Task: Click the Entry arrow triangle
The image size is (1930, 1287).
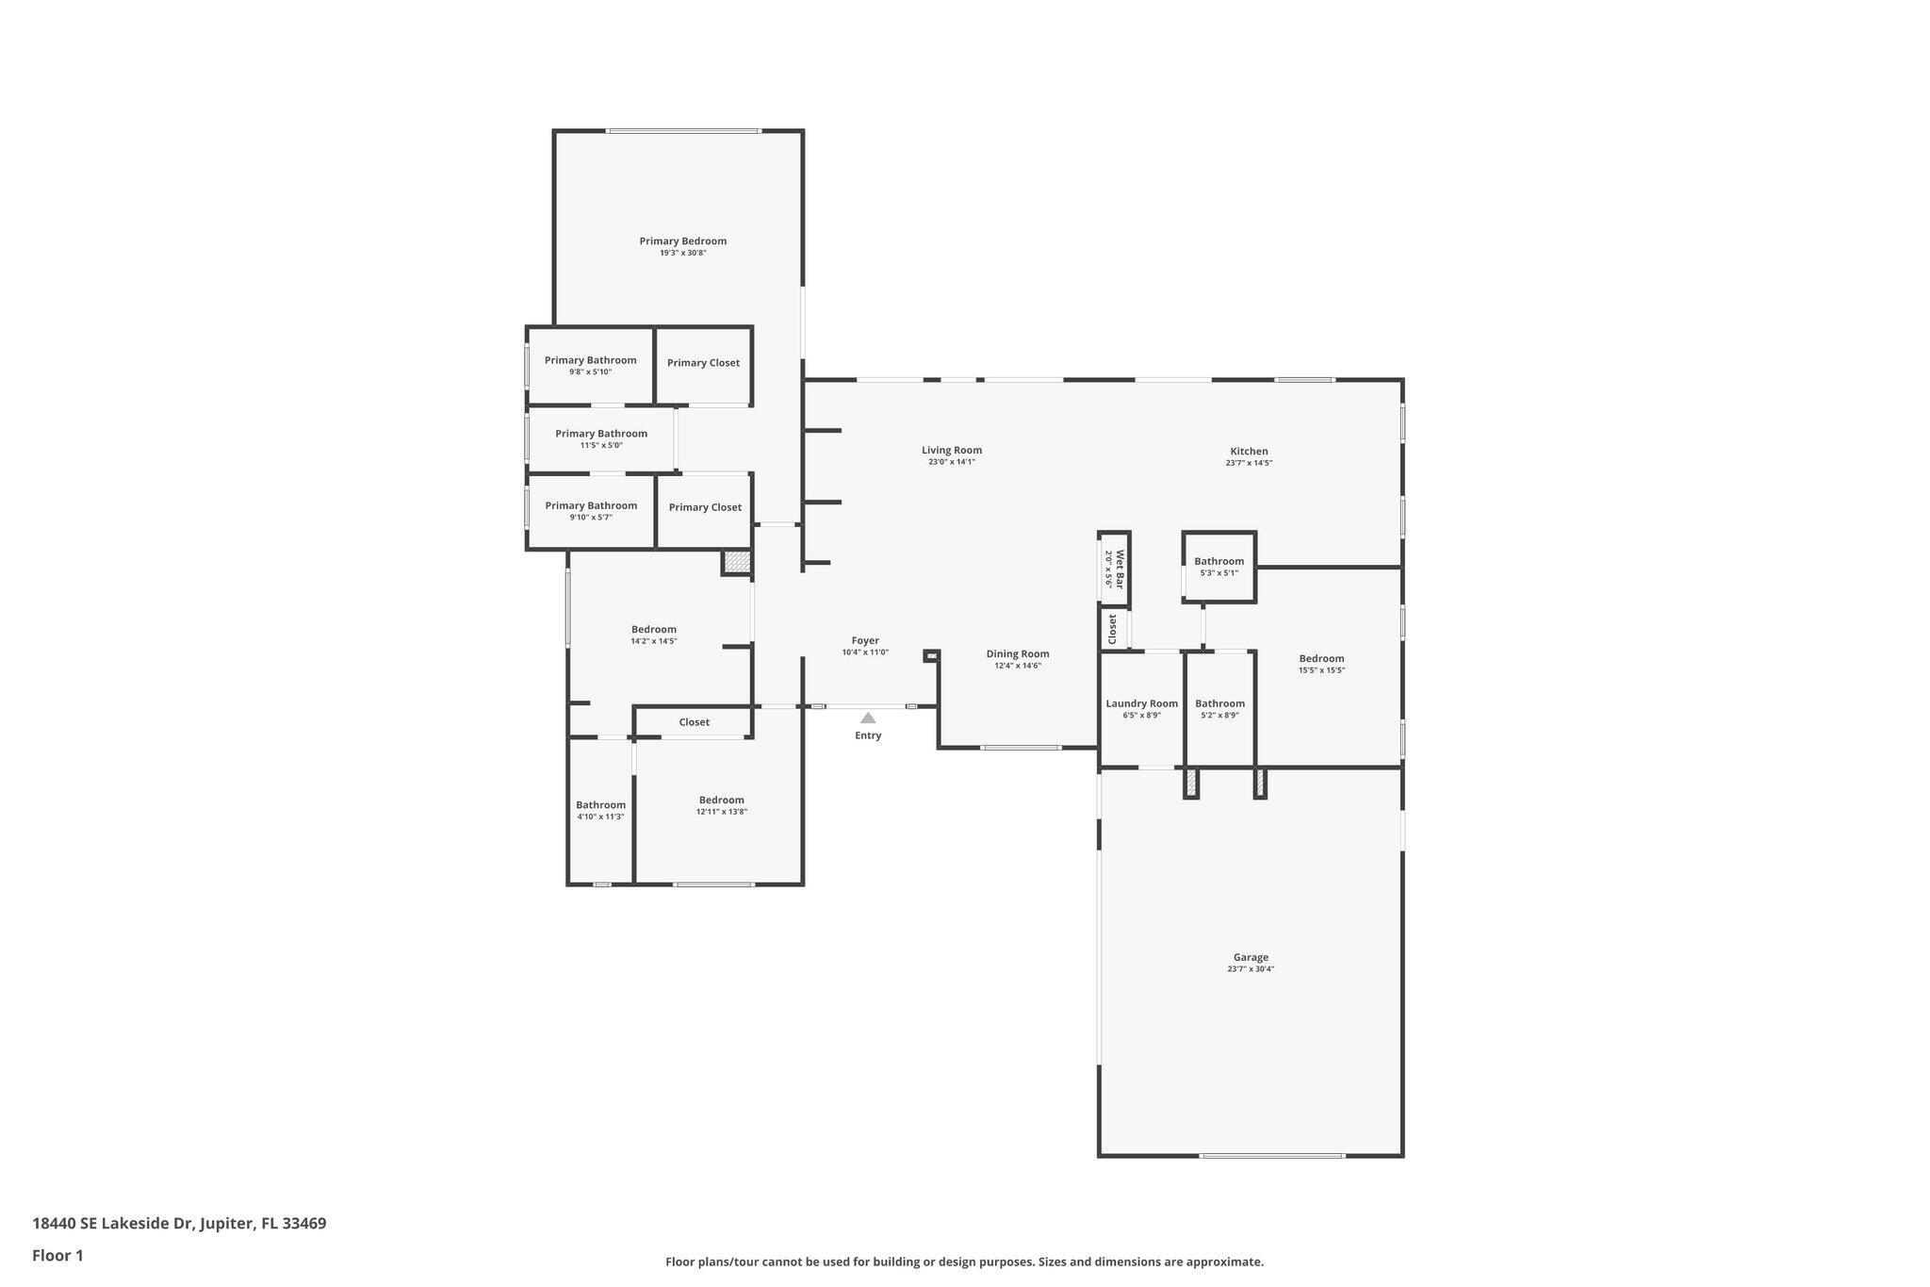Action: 868,718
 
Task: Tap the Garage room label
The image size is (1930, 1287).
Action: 1251,957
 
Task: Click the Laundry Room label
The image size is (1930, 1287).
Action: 1141,703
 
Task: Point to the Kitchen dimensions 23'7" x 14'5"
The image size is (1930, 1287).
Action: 1249,463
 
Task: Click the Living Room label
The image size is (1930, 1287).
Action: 952,450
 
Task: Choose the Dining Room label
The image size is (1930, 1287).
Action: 1017,653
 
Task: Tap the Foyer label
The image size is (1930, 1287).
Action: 865,640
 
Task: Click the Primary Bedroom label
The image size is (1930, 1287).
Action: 682,240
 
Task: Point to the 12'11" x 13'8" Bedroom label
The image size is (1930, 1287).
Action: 721,800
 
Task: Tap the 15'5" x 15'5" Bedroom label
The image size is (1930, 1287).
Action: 1321,658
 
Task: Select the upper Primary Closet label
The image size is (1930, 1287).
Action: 703,363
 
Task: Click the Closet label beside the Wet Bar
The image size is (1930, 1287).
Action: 1113,629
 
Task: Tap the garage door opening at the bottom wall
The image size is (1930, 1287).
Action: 1272,1155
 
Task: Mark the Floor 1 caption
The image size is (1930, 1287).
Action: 57,1255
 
